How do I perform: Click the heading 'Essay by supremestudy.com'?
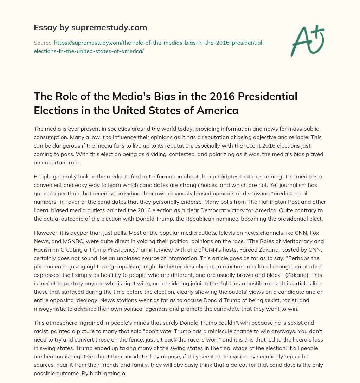[x=90, y=27]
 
